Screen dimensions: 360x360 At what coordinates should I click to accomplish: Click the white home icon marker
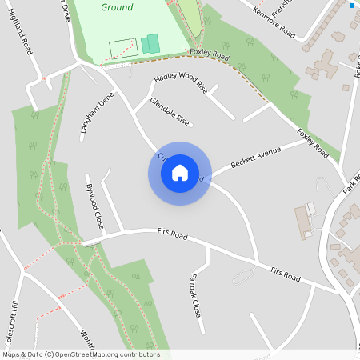pos(180,173)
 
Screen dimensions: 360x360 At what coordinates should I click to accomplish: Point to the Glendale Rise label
pos(170,112)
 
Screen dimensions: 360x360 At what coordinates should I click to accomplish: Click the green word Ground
pos(118,7)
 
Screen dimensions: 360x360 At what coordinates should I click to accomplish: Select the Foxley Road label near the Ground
pos(210,55)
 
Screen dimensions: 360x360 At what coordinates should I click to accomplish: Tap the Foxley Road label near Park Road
pos(313,143)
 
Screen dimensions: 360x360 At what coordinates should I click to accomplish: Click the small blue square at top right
pos(351,6)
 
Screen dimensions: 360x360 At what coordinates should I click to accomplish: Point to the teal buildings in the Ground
pos(150,44)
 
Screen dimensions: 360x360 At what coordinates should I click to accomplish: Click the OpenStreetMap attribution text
pos(81,354)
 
